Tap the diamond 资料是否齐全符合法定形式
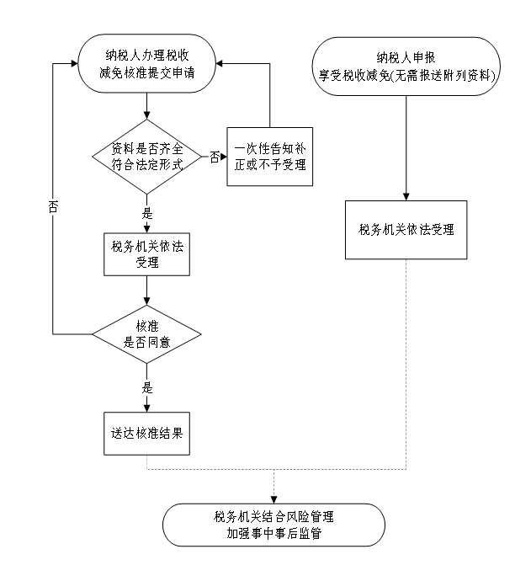pos(147,157)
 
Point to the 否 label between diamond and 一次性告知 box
pos(215,157)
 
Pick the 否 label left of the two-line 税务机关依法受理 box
pos(53,207)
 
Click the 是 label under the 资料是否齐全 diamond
pos(146,213)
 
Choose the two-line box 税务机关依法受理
pos(146,253)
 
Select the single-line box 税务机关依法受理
pos(406,229)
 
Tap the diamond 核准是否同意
pos(146,334)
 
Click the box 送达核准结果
pos(146,433)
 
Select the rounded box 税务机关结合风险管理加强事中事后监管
pos(273,525)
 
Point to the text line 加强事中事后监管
pos(273,533)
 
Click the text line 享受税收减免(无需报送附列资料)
pos(406,74)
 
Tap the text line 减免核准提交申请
pos(146,72)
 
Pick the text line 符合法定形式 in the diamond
pos(147,165)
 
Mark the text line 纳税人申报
pos(406,57)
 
